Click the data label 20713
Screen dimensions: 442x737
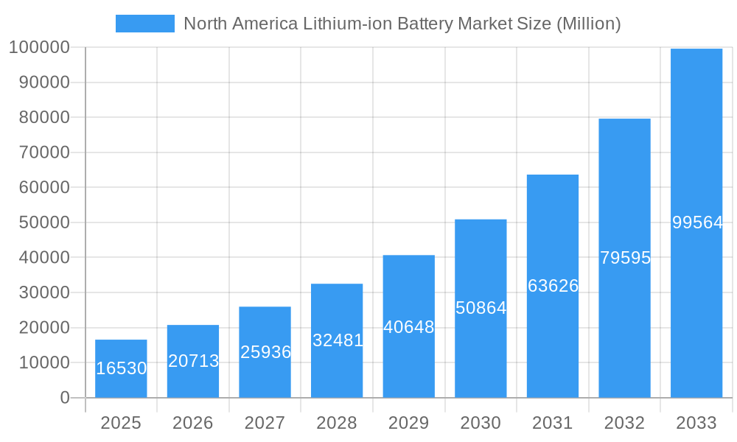193,361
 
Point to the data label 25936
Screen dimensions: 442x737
265,352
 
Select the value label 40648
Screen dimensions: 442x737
409,326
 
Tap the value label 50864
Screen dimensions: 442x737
481,308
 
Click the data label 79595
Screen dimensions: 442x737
625,258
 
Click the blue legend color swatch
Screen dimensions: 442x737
145,24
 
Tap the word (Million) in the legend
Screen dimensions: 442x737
588,24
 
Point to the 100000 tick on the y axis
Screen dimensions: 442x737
39,48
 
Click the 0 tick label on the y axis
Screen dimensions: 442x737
65,398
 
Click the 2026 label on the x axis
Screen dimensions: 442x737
193,423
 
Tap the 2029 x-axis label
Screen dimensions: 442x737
409,423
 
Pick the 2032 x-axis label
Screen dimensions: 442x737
624,423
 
